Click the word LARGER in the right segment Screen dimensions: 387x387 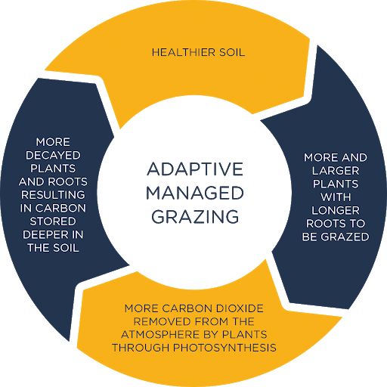324,171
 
